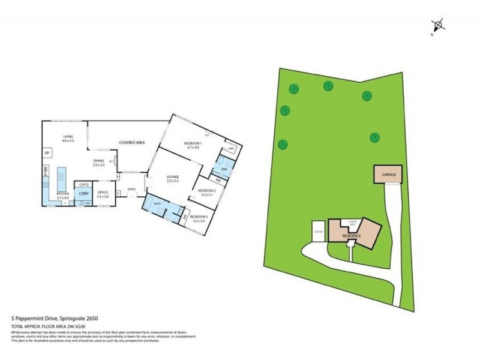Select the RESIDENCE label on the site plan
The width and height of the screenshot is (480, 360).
coord(352,236)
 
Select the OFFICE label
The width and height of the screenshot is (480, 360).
coord(103,193)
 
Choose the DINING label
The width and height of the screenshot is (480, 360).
coord(98,161)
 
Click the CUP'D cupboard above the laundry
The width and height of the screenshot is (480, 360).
coord(84,184)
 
